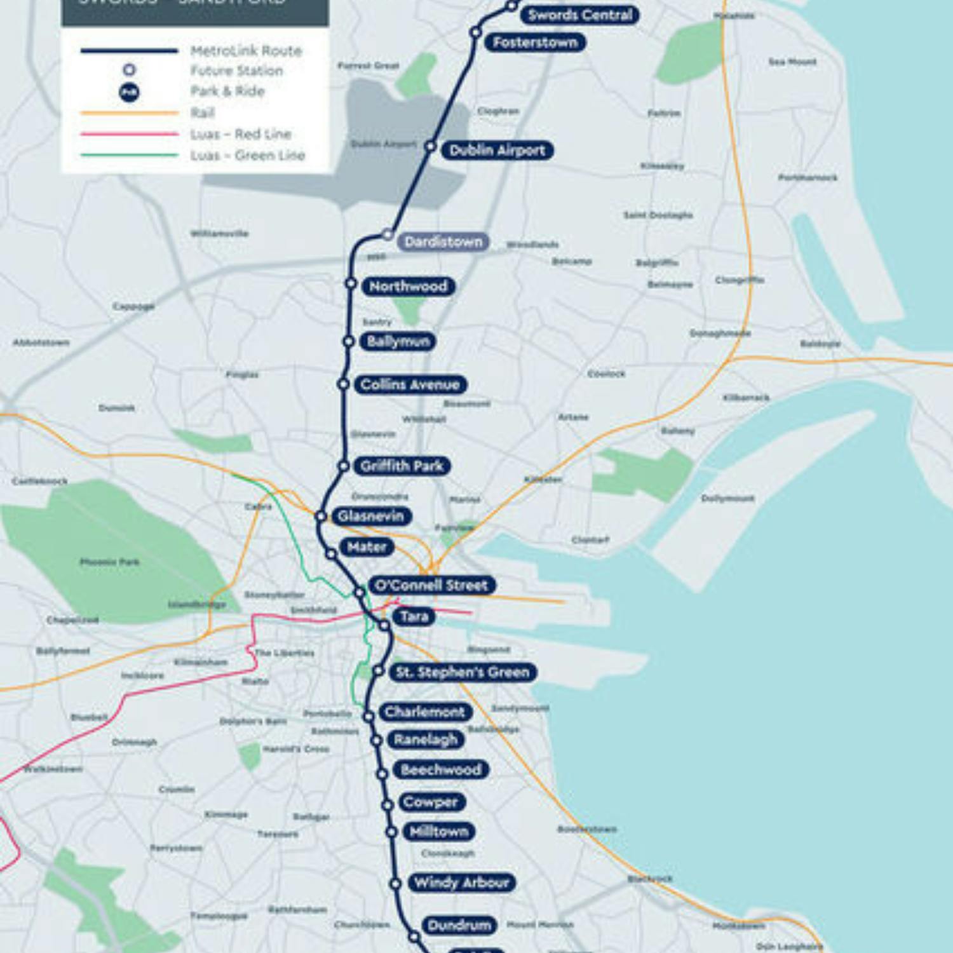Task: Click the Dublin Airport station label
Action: coord(497,151)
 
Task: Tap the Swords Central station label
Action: coord(579,15)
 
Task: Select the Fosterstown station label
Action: coord(535,43)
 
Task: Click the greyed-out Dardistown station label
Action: coord(443,242)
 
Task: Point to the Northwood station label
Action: coord(408,287)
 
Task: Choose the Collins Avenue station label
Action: coord(410,384)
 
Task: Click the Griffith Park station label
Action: coord(402,466)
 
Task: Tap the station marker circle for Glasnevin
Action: coord(321,517)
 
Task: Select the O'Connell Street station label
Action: coord(431,585)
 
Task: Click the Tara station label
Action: coord(414,616)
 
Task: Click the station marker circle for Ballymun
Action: coord(349,342)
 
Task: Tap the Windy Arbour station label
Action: coord(461,882)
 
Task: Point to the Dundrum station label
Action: coord(459,925)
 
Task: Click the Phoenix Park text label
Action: coord(109,562)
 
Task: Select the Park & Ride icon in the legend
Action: coord(129,92)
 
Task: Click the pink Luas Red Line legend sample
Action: coord(129,134)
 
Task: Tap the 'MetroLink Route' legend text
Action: coord(247,51)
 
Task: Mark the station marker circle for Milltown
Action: coord(392,832)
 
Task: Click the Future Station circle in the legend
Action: coord(129,70)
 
